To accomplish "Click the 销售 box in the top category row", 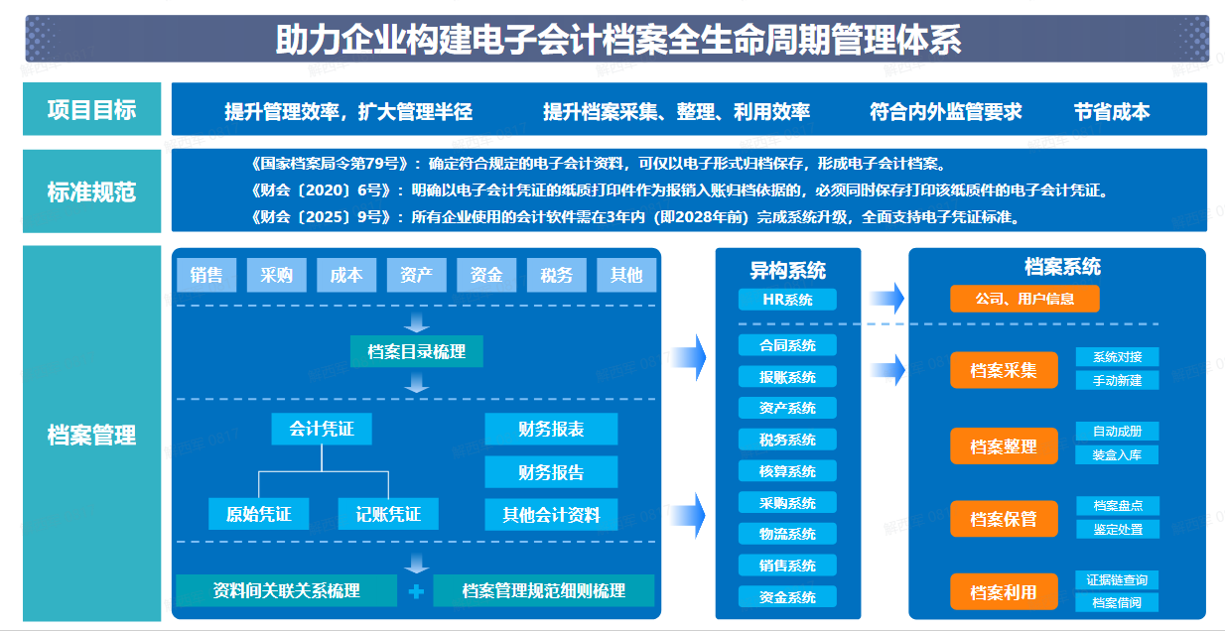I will click(x=206, y=275).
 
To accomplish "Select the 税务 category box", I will click(x=557, y=275).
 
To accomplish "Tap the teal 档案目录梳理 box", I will click(x=416, y=351).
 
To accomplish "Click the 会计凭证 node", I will click(x=322, y=429).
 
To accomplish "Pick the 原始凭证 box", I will click(x=259, y=514).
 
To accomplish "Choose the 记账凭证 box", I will click(x=388, y=514).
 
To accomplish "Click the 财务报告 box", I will click(x=551, y=472).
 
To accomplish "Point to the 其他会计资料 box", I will click(x=551, y=514).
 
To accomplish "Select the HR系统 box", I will click(x=787, y=300).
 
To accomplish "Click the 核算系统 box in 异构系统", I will click(x=787, y=471).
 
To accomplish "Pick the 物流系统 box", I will click(x=787, y=534).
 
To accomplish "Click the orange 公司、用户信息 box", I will click(x=1024, y=299).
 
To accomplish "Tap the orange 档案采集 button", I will click(x=1003, y=370).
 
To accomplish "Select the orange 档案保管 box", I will click(x=1003, y=519).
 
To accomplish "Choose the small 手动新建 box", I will click(x=1117, y=380).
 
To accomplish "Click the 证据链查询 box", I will click(x=1117, y=579).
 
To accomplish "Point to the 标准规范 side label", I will click(x=91, y=192).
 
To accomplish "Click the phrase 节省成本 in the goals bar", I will click(x=1111, y=112).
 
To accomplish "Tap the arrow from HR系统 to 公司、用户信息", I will click(x=887, y=298).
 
